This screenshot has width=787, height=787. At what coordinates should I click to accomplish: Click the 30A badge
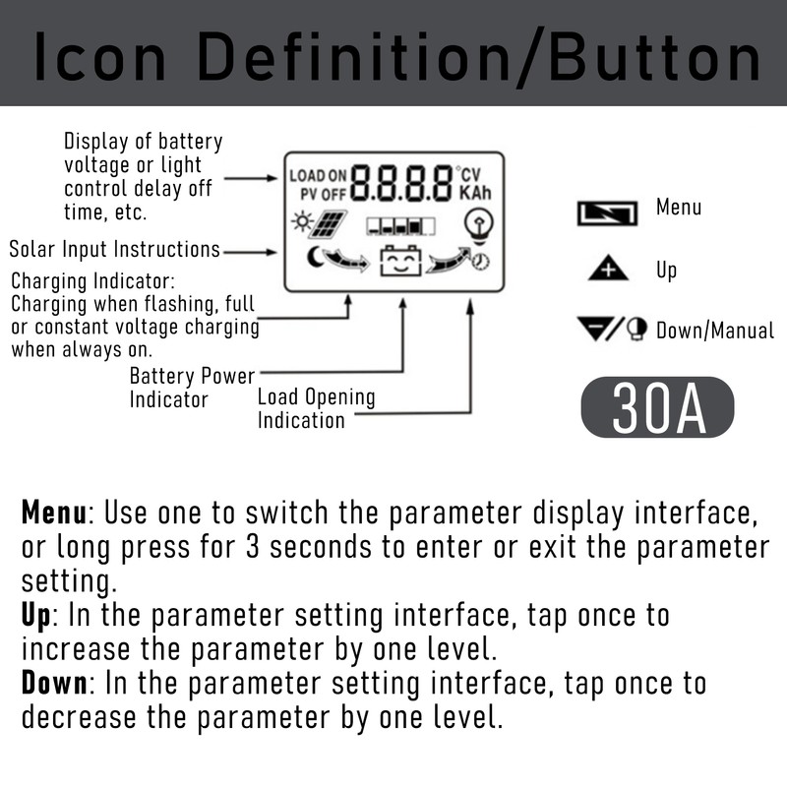click(657, 406)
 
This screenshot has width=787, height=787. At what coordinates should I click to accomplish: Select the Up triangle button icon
click(608, 269)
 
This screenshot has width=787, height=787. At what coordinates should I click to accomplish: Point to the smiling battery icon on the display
click(400, 263)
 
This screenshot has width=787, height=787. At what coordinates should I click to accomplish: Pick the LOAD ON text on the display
click(319, 176)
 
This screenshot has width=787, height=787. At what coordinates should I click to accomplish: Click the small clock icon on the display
click(481, 262)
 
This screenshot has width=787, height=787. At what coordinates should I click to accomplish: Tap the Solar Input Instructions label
click(114, 250)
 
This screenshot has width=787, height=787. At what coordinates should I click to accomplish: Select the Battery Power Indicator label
click(192, 388)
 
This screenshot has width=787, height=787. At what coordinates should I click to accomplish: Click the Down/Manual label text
click(714, 331)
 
